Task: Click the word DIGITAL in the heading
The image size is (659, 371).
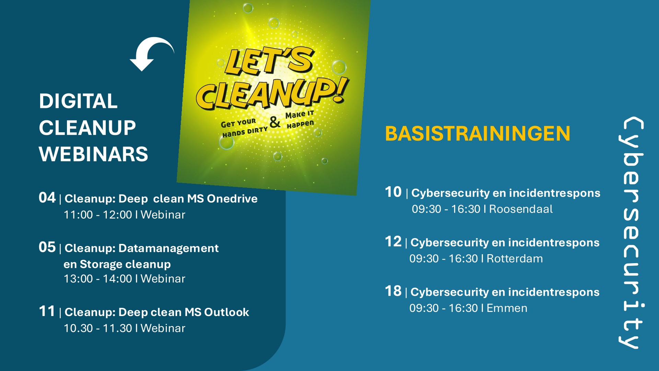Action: [x=78, y=101]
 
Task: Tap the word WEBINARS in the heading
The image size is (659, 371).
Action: [x=93, y=154]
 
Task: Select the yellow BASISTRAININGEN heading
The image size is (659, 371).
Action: [x=477, y=134]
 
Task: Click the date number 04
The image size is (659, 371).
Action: [x=47, y=198]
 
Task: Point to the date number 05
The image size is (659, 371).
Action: [x=47, y=247]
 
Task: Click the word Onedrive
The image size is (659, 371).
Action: [x=232, y=199]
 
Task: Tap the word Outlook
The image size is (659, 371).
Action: [x=227, y=312]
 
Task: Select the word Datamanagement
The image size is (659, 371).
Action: [x=168, y=248]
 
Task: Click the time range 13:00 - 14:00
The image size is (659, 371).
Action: [x=98, y=279]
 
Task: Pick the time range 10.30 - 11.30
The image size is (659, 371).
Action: [x=98, y=328]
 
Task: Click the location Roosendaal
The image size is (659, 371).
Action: [x=521, y=209]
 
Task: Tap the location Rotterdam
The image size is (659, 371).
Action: [x=515, y=258]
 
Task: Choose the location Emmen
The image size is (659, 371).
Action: [x=507, y=308]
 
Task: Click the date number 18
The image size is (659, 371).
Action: [x=393, y=291]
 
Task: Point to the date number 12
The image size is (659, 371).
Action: [x=393, y=242]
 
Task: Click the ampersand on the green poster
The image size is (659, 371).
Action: [x=275, y=122]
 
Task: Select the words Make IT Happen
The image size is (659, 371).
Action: [x=300, y=119]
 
